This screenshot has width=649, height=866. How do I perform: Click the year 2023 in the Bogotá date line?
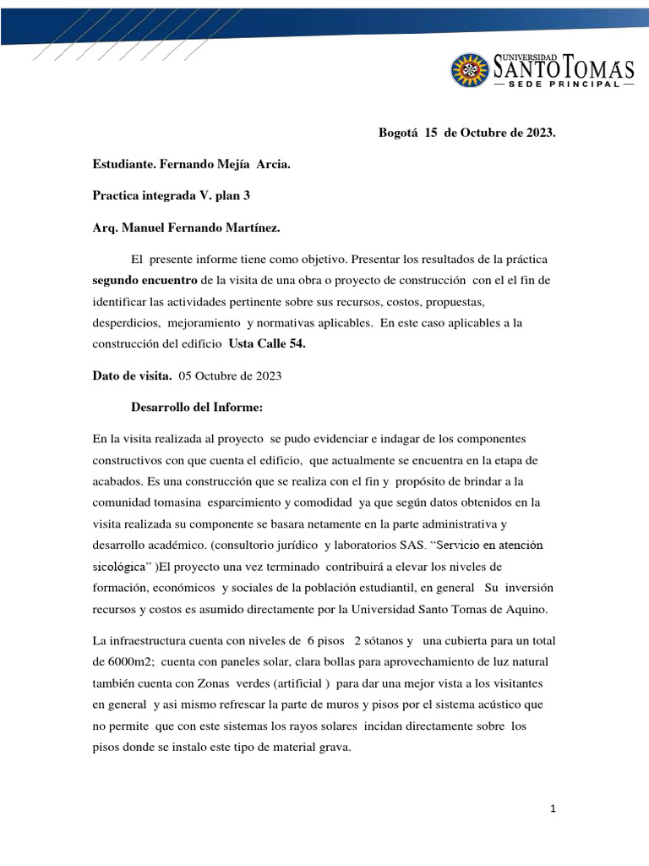click(534, 134)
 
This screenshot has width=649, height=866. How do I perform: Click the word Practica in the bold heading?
click(116, 195)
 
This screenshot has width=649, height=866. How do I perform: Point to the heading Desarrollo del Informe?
click(197, 408)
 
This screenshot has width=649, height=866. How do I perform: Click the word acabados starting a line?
click(117, 480)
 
